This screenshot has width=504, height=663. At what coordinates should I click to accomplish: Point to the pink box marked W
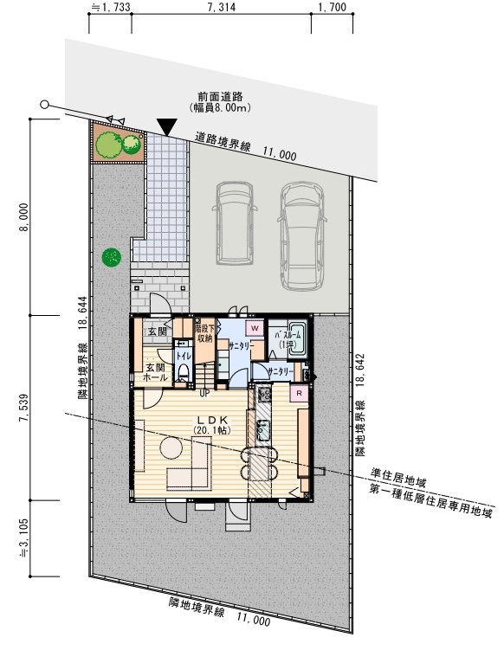coord(255,329)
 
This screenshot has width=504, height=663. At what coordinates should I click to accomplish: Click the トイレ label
coord(184,356)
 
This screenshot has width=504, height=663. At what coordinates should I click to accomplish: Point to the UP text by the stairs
coord(205,393)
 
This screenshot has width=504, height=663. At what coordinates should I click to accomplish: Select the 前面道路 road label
coord(220,98)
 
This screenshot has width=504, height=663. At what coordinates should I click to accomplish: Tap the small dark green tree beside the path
coord(111,257)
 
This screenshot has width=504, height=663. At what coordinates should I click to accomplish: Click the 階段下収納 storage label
coord(204,333)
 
